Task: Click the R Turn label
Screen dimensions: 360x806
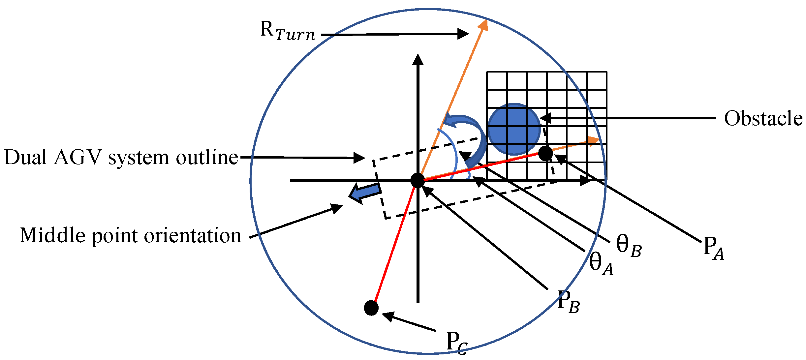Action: click(288, 31)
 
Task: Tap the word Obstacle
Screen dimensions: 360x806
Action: click(763, 118)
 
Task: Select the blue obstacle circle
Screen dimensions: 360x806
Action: click(514, 129)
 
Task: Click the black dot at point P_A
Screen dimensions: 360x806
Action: click(545, 153)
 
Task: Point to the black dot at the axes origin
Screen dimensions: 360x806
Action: click(418, 180)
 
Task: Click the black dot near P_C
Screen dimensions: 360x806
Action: click(371, 308)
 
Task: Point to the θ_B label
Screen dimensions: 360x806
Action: click(629, 246)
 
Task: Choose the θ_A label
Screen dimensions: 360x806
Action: click(601, 264)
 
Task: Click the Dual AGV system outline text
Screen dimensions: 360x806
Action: click(121, 158)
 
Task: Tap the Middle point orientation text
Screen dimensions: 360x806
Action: click(131, 236)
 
